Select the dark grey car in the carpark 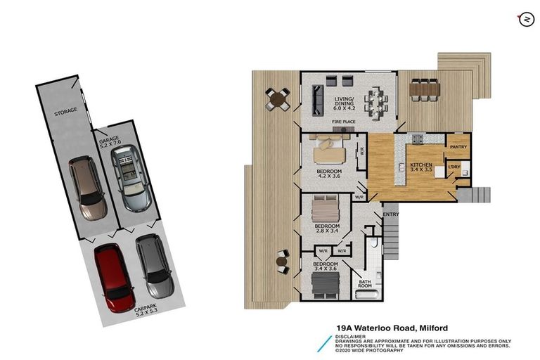coord(153,266)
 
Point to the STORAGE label coord(66,112)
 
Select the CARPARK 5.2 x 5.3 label coord(144,310)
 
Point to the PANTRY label coord(458,146)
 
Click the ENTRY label coord(390,214)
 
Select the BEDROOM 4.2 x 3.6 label coord(328,174)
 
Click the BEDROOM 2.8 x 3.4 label coord(326,228)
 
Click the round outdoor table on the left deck coord(278,99)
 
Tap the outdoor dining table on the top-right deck coord(424,89)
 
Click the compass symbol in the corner coord(523,19)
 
